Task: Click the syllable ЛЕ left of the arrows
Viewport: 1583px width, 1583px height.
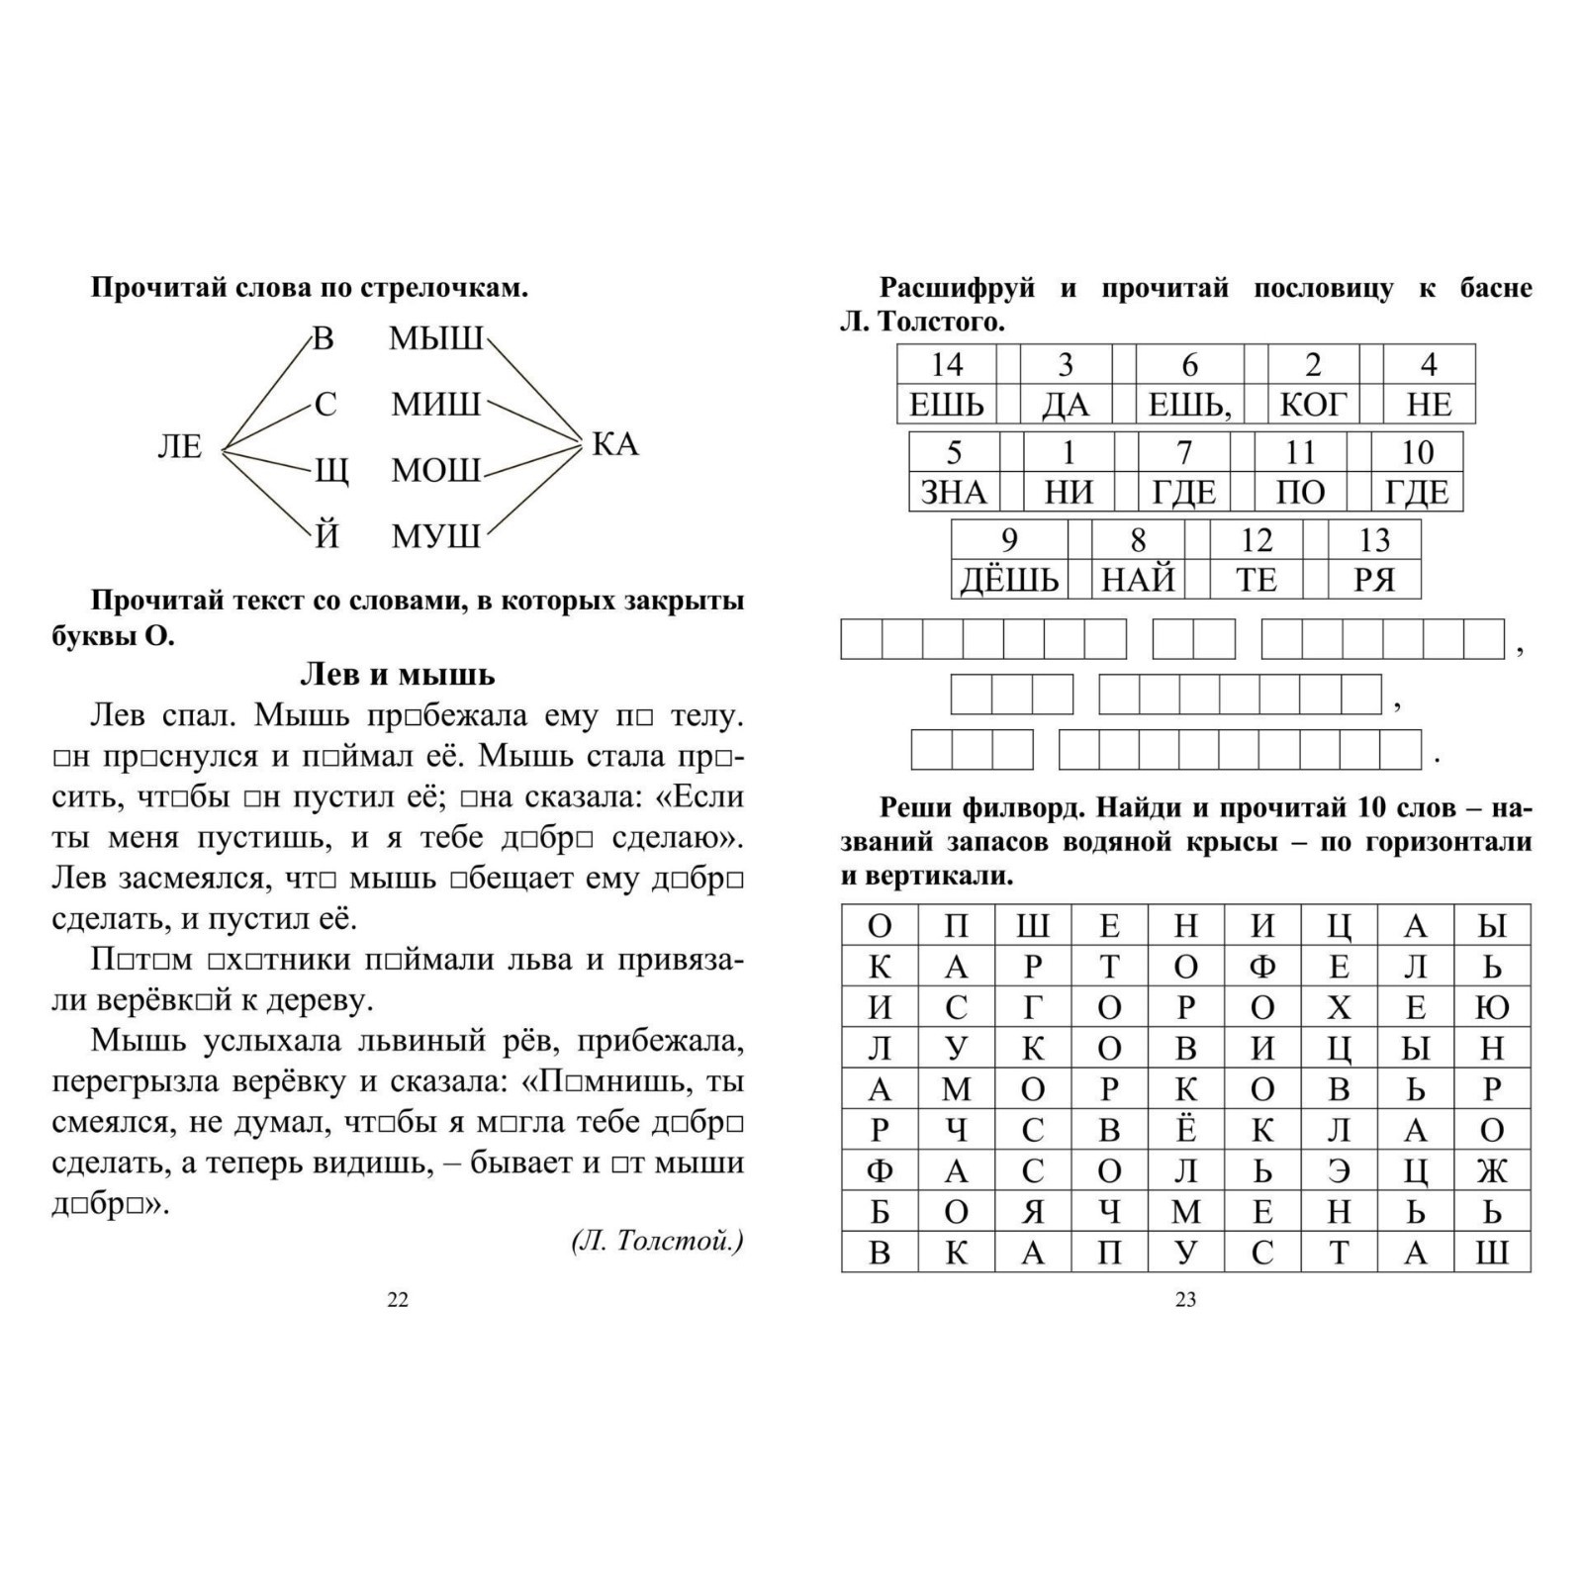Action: (179, 447)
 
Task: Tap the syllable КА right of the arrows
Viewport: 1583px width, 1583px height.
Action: (615, 444)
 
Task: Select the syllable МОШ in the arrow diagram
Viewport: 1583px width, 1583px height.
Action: (435, 470)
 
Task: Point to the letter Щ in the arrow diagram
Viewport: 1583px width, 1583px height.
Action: (330, 471)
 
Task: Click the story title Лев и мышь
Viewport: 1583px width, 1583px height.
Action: (397, 675)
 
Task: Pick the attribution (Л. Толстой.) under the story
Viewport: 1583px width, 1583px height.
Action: (657, 1241)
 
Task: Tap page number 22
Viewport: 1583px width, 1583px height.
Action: (397, 1300)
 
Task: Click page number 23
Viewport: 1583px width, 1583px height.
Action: (1185, 1300)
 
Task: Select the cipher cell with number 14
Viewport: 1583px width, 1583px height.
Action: (947, 364)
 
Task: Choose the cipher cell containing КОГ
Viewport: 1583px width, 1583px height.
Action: (1313, 404)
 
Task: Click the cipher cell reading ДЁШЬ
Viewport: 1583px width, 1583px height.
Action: (1009, 580)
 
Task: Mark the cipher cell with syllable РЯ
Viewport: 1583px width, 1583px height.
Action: (1374, 580)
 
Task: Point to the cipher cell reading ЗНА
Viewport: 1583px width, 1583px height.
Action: (954, 492)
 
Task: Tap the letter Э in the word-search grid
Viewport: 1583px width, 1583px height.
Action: (1339, 1170)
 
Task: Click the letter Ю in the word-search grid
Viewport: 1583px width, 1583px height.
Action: (1492, 1007)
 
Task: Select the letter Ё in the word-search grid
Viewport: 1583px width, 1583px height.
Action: (1185, 1130)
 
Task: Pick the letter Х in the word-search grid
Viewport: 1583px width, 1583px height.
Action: (1339, 1007)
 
